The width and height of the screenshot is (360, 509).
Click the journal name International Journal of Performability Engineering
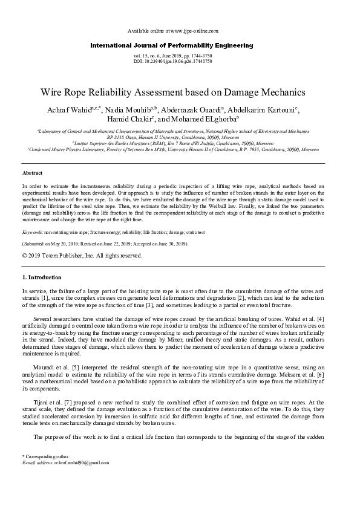172,45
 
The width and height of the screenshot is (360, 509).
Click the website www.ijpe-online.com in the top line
192,30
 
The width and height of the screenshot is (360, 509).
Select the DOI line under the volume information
172,62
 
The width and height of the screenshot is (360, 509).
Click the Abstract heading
32,173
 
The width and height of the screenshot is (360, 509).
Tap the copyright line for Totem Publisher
82,256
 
